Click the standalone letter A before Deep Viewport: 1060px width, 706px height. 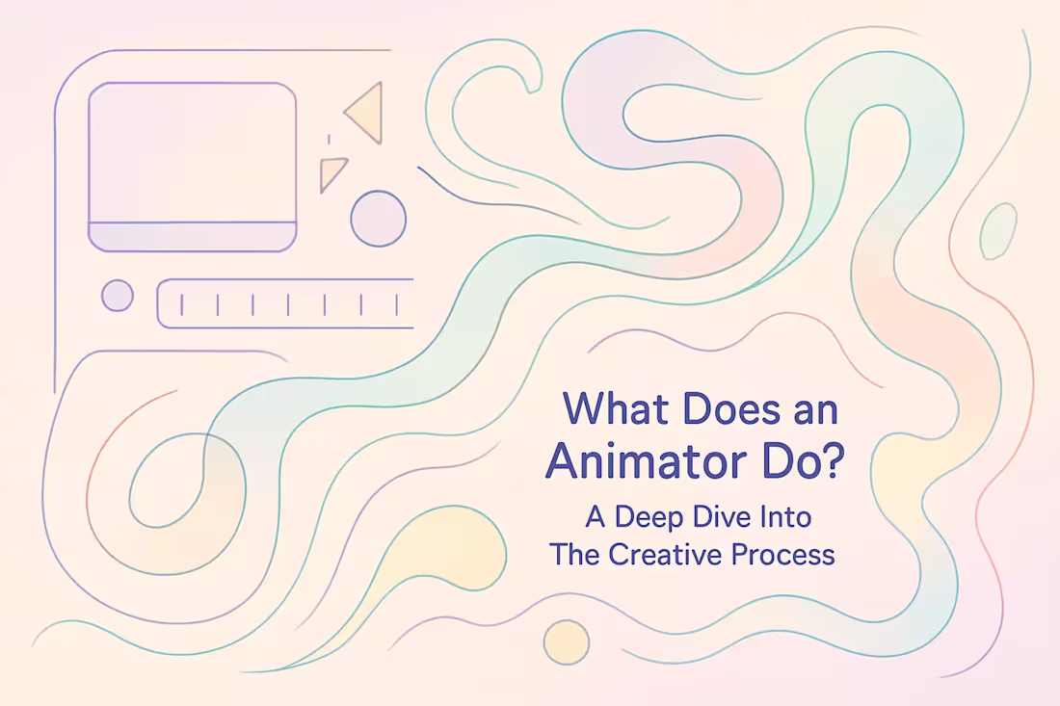(x=596, y=517)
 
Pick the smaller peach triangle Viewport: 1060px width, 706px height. (x=332, y=173)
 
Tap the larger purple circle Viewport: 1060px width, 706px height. (x=378, y=219)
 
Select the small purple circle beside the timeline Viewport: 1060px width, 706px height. (x=118, y=295)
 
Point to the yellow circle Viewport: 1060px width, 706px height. (x=566, y=642)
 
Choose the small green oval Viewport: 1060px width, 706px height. (x=997, y=231)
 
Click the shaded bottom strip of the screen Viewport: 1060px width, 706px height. (x=192, y=236)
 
